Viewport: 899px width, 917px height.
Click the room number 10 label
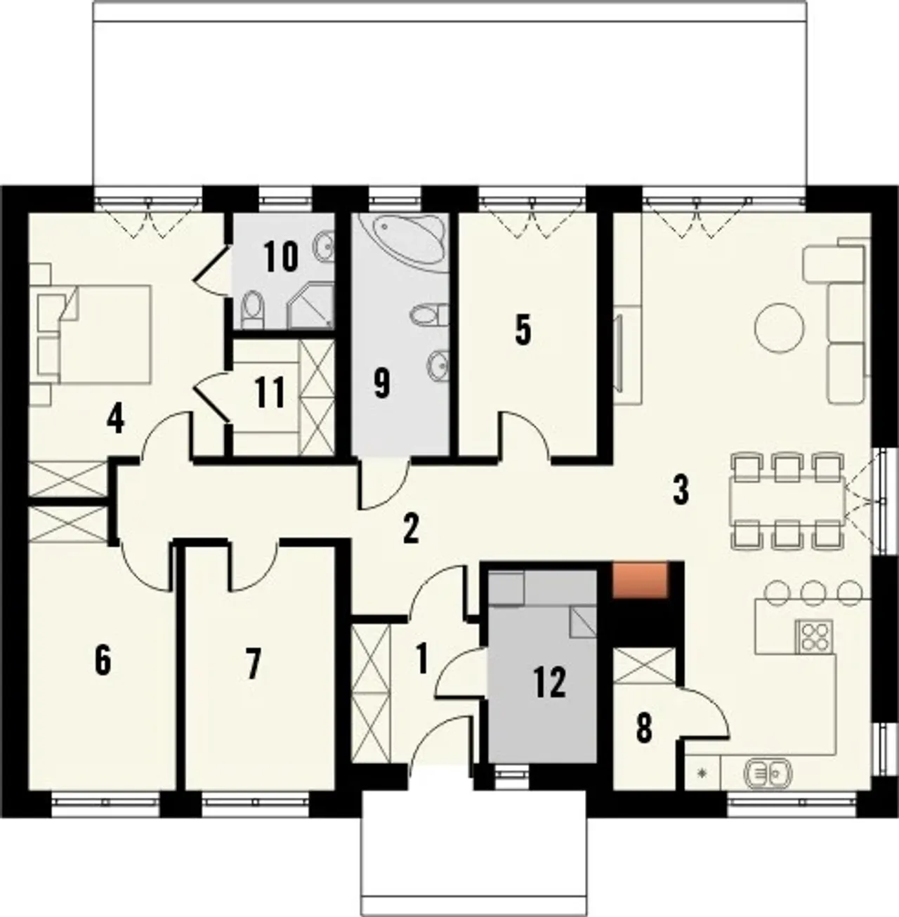click(282, 256)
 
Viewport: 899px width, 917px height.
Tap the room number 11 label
click(270, 392)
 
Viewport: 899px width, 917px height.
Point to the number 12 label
click(550, 682)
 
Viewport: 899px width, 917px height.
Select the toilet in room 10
click(252, 310)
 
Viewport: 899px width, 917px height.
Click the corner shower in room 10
click(311, 306)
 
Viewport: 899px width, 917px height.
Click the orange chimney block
click(640, 579)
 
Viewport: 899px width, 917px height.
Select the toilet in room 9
click(428, 315)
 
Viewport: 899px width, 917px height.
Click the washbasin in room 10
click(324, 246)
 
